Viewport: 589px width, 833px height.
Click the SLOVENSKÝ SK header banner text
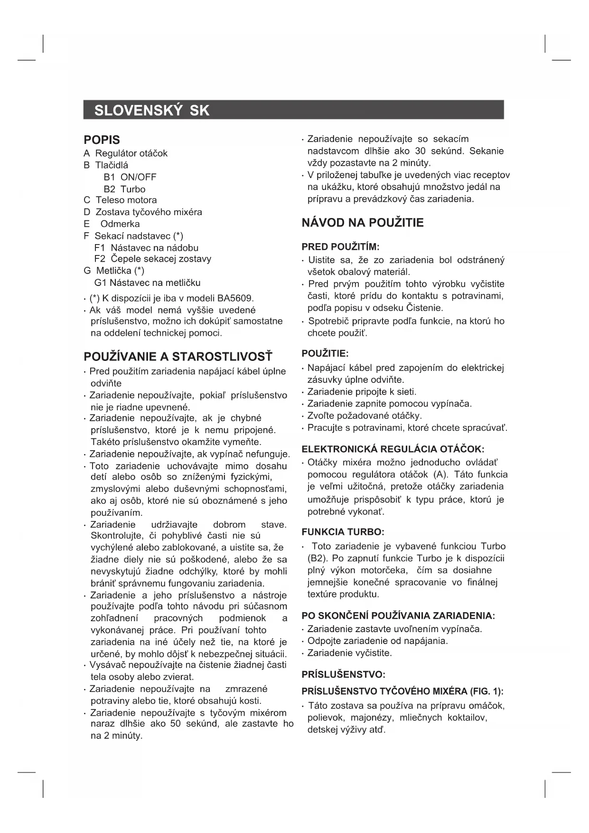point(152,111)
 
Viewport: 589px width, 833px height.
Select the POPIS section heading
point(102,140)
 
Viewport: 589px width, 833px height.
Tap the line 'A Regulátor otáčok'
point(125,153)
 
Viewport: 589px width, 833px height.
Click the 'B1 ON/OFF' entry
point(130,177)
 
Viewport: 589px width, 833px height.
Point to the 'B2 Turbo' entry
point(124,189)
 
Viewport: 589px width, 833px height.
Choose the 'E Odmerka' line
point(112,224)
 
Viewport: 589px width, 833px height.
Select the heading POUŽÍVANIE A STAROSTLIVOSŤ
point(178,357)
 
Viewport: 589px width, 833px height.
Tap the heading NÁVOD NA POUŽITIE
point(363,223)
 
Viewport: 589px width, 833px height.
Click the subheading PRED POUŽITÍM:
point(340,247)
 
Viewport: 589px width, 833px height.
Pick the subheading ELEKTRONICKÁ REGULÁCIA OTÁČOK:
point(393,449)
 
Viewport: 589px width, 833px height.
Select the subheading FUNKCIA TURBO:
point(343,532)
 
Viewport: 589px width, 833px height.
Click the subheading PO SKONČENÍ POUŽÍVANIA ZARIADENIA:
point(398,616)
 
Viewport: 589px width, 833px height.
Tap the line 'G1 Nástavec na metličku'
point(147,283)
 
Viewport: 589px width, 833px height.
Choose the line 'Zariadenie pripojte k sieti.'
point(362,392)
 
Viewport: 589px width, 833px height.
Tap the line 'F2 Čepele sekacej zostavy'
point(152,259)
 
